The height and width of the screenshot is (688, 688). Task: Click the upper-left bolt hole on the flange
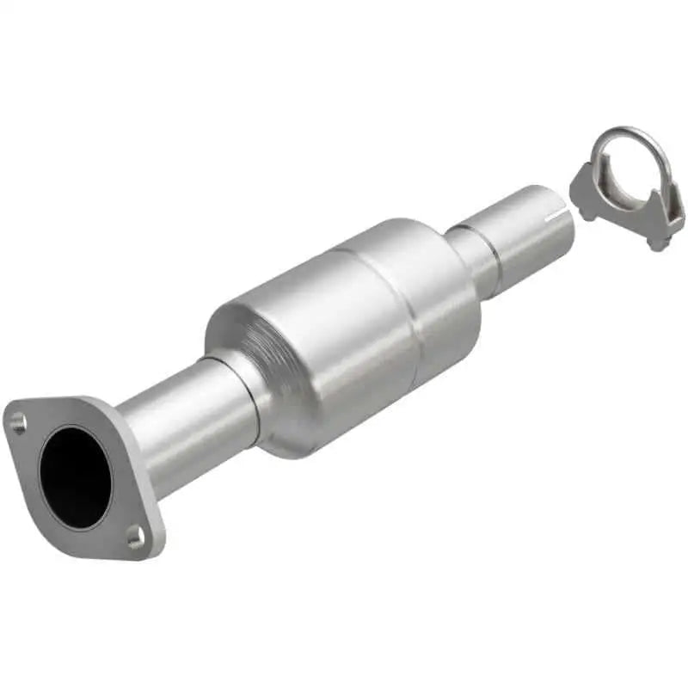coord(18,421)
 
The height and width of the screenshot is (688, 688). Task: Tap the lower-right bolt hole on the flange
coord(135,537)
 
